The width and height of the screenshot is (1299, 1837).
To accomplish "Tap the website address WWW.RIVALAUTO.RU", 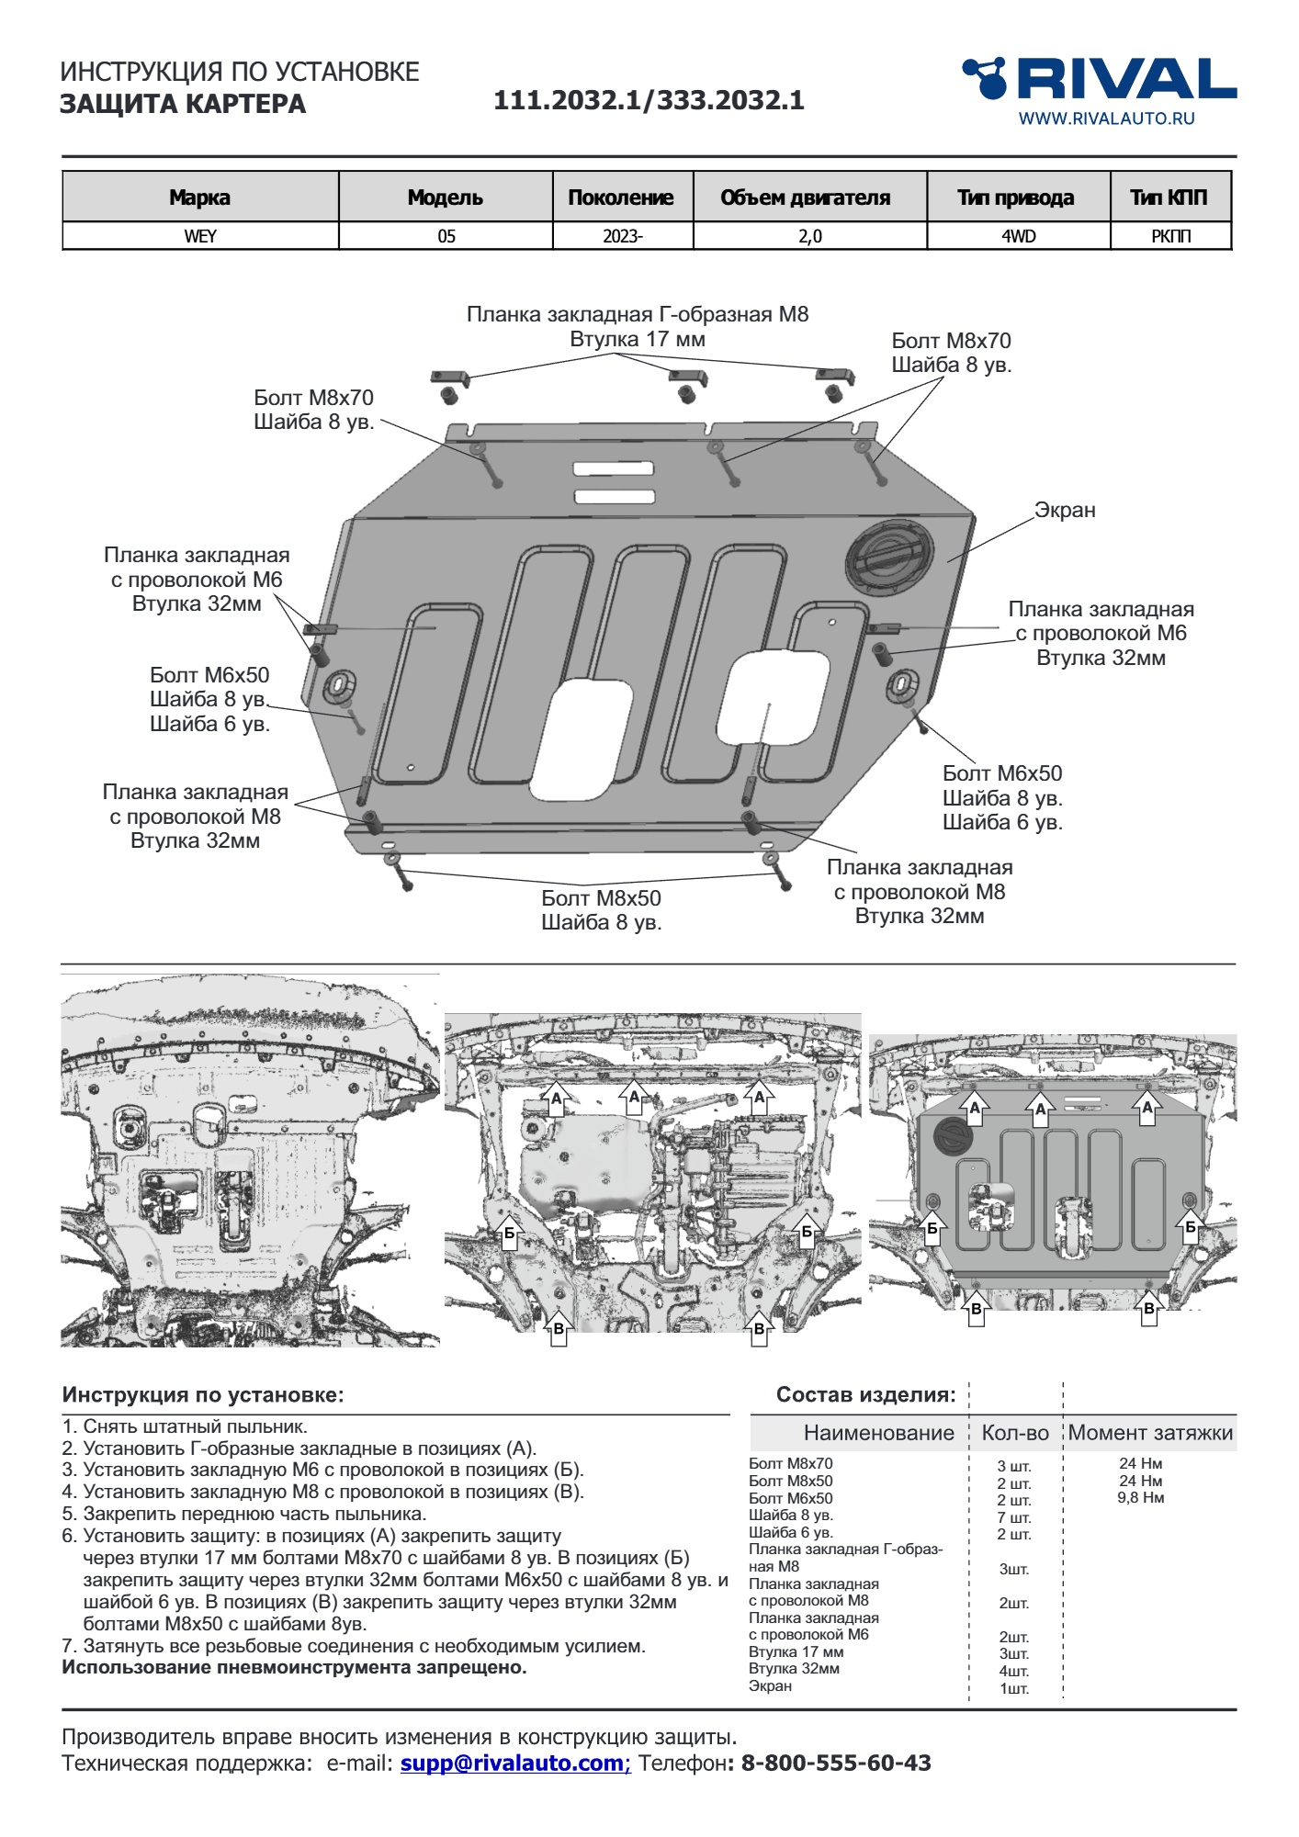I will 1106,118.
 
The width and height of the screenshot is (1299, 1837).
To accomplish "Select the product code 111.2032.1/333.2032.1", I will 649,100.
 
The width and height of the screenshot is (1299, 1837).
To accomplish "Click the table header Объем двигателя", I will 805,197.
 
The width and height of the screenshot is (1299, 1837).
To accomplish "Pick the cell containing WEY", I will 200,236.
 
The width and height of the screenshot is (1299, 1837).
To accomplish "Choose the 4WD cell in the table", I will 1018,236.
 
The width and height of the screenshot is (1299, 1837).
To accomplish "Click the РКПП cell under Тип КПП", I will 1170,236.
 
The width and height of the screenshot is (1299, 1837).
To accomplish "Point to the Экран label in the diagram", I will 1065,511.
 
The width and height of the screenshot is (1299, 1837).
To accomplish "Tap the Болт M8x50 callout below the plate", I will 601,898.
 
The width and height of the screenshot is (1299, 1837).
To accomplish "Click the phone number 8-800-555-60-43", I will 835,1764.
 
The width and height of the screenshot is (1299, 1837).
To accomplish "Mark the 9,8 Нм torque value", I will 1140,1498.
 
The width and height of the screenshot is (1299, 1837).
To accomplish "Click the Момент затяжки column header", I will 1149,1433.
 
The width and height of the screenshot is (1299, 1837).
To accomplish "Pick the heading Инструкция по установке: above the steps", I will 203,1395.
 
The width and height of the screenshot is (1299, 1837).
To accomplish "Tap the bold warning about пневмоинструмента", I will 294,1667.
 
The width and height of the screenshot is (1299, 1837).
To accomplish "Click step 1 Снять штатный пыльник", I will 185,1426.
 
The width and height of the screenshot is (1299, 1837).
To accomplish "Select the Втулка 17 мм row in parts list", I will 796,1651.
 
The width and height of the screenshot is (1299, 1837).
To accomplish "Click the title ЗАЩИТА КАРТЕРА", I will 183,104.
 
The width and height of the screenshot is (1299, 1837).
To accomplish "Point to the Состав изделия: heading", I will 865,1395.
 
